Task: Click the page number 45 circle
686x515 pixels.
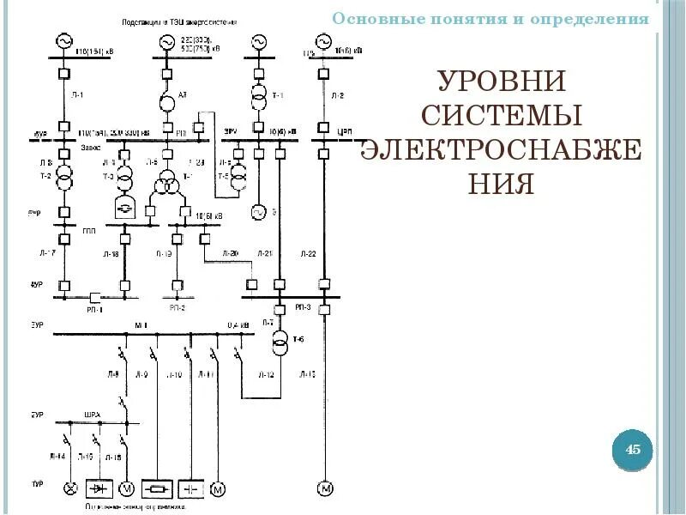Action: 634,449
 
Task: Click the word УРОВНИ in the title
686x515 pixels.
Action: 502,83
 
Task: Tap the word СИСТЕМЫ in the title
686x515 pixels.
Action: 502,116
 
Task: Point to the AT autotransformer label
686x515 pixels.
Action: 182,95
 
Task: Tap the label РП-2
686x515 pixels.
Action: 178,306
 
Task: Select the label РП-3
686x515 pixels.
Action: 303,306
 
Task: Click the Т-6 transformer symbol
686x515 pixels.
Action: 280,345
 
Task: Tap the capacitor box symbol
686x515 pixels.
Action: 190,488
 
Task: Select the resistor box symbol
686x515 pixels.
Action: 157,488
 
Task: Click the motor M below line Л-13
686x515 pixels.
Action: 324,488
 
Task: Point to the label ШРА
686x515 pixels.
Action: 93,415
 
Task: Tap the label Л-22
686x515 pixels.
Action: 308,254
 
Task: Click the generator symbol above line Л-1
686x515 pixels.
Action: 63,40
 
